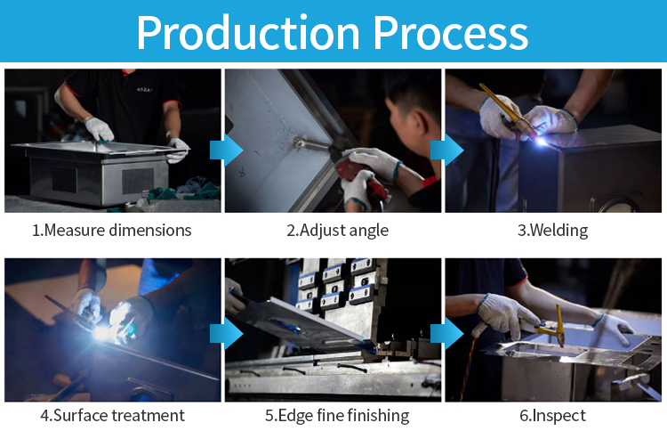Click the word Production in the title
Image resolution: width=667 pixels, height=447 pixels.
tap(248, 33)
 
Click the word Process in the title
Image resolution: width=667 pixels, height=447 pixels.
tap(451, 33)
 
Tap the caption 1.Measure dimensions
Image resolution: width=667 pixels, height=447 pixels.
tap(112, 231)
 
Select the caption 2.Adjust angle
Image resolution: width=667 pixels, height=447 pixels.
tap(337, 231)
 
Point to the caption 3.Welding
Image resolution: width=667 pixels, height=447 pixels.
tap(552, 231)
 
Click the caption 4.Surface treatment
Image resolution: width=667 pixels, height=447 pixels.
tap(113, 415)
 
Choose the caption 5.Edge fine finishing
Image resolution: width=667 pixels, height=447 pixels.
tap(337, 415)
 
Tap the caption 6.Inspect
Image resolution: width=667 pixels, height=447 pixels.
tap(552, 415)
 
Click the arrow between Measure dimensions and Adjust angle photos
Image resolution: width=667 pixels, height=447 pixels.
tap(226, 150)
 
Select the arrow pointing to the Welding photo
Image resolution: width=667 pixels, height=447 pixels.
tap(446, 150)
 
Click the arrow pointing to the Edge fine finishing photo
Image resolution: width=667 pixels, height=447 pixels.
tap(226, 335)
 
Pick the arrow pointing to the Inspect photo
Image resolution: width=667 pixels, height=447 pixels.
tap(446, 335)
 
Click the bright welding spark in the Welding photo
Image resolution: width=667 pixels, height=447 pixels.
tap(541, 141)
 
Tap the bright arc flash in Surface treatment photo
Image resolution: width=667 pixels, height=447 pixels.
tap(102, 331)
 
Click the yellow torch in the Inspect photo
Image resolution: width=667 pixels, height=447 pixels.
tap(553, 327)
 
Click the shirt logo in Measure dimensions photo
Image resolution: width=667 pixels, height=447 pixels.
tap(145, 89)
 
